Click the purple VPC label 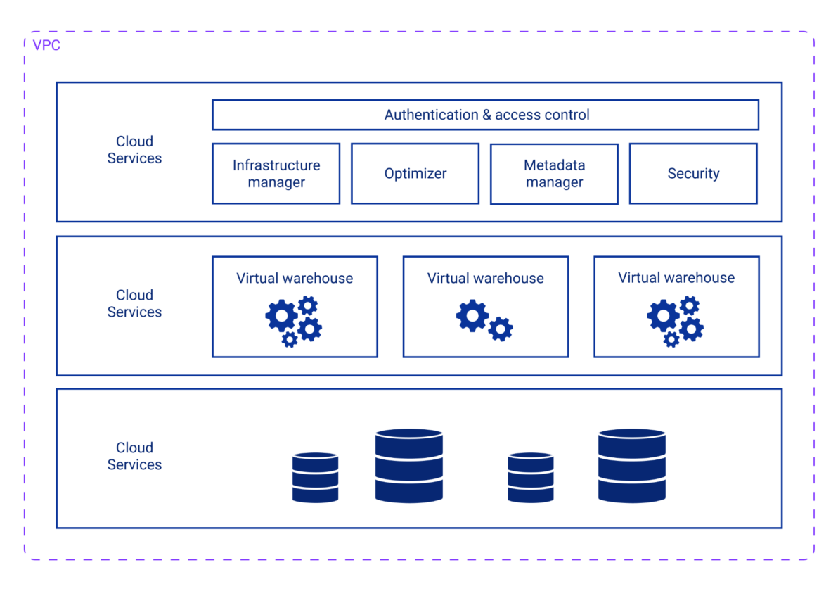tap(46, 46)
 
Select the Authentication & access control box tap(486, 115)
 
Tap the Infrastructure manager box tap(276, 174)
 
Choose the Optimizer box tap(415, 174)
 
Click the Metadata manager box tap(554, 174)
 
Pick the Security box tap(693, 174)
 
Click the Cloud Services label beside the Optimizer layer tap(134, 150)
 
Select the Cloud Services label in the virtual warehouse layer tap(134, 303)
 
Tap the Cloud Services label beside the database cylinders tap(134, 456)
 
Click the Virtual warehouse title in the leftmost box tap(295, 278)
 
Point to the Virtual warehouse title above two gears tap(485, 278)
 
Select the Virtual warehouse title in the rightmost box tap(676, 278)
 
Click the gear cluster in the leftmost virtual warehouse tap(293, 321)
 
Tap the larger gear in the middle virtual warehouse tap(472, 316)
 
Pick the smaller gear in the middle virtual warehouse tap(501, 329)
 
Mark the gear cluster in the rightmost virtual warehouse tap(675, 321)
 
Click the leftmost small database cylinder tap(315, 478)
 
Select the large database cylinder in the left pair tap(408, 466)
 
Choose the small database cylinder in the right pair tap(531, 478)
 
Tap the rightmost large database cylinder tap(631, 466)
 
